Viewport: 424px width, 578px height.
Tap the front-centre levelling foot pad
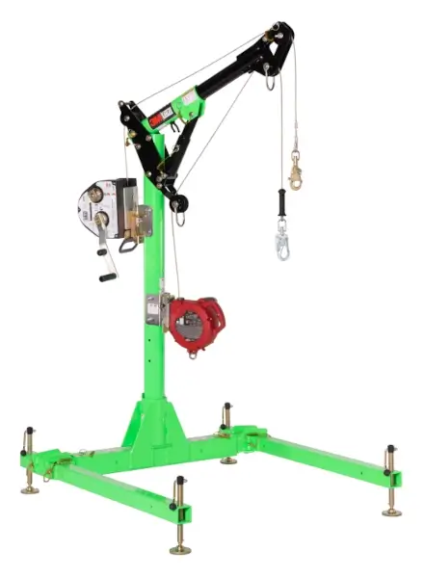coord(180,547)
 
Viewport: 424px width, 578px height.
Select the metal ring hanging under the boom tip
coord(272,84)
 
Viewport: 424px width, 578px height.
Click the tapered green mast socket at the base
coord(154,424)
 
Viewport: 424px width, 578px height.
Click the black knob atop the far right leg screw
coord(390,449)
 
